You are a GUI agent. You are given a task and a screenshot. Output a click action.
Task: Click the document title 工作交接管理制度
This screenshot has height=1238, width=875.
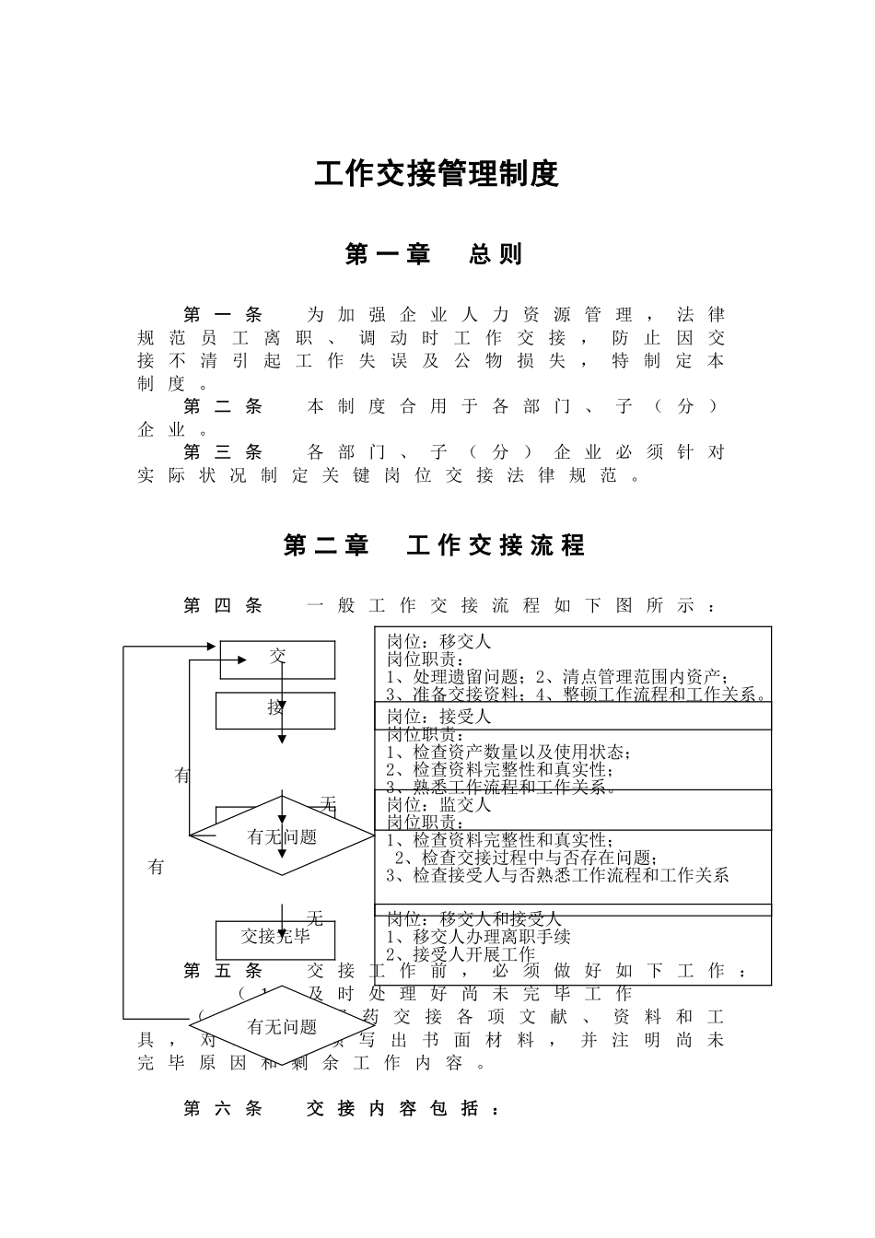(x=437, y=173)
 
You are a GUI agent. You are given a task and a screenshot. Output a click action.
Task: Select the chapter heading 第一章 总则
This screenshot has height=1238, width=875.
(x=434, y=254)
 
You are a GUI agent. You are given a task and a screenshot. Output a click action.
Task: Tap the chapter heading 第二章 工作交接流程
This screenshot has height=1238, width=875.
(x=434, y=546)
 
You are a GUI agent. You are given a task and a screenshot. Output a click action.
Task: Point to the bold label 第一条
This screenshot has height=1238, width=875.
(x=223, y=315)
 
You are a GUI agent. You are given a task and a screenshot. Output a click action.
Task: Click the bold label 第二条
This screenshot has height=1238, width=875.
(x=223, y=406)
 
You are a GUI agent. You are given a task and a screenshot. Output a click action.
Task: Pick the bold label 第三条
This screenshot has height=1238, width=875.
(x=223, y=452)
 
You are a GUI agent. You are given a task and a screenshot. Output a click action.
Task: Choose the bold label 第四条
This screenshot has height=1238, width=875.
(x=223, y=605)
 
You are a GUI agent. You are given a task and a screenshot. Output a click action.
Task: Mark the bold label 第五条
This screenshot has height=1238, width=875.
(x=223, y=971)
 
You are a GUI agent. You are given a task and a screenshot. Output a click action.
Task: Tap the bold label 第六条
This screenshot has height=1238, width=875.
(x=223, y=1109)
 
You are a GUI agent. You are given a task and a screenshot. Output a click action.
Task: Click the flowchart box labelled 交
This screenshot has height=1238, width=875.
(x=277, y=658)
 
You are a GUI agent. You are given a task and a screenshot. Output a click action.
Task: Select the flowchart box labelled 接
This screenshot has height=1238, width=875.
(x=275, y=708)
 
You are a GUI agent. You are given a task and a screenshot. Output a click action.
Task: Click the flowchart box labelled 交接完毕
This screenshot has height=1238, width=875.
(x=275, y=938)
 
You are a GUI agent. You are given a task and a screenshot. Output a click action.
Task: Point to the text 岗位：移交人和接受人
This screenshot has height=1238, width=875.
(x=473, y=919)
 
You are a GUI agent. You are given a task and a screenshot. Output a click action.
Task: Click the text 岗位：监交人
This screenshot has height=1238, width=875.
(x=438, y=804)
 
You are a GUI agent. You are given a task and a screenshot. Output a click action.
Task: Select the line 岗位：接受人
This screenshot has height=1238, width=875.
(x=438, y=717)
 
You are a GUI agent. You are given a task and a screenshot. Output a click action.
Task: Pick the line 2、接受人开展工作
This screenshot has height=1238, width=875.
(x=461, y=954)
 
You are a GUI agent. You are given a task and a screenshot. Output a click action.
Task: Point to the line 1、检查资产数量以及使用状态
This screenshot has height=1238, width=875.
(x=508, y=752)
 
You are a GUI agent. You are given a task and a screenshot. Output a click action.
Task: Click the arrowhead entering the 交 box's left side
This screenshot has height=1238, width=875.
(x=242, y=660)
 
